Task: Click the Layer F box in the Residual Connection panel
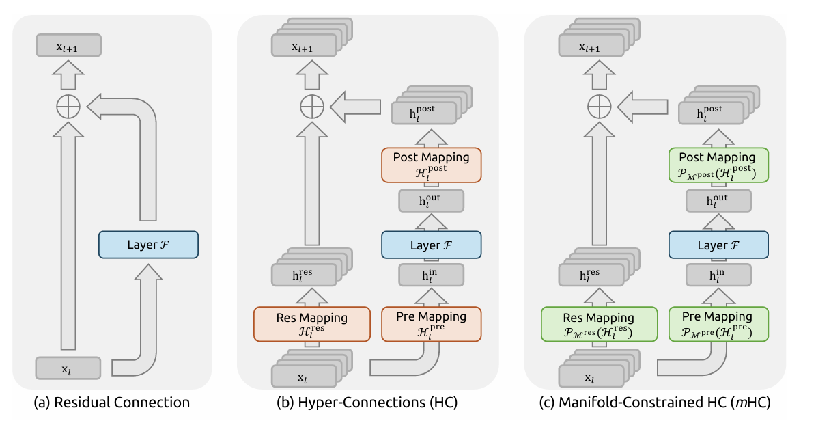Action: click(x=148, y=245)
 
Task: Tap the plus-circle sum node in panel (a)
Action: click(x=68, y=107)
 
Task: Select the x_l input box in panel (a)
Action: click(x=68, y=368)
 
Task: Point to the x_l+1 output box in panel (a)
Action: click(x=68, y=46)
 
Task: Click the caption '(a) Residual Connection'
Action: click(x=112, y=403)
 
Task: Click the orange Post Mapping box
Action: click(x=431, y=164)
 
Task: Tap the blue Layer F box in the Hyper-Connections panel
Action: click(x=431, y=245)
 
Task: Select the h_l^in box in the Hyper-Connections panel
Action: click(x=431, y=276)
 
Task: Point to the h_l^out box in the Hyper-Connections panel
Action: click(x=431, y=200)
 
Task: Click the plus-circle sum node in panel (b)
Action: click(x=312, y=107)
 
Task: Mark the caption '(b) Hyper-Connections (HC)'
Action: click(x=367, y=403)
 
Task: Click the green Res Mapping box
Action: click(x=599, y=324)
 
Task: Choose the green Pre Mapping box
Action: click(x=718, y=324)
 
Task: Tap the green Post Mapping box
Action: click(x=718, y=164)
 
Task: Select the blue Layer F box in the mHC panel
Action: click(x=718, y=245)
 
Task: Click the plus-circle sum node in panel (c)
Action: click(x=599, y=107)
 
